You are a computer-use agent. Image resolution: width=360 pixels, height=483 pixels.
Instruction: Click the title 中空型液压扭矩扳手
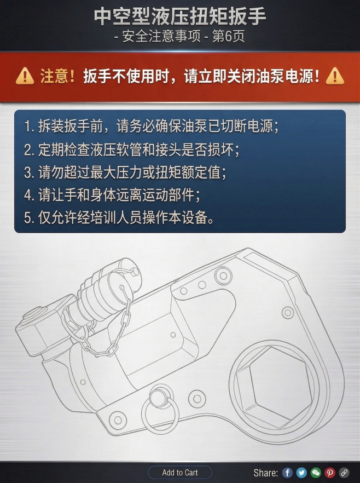[x=180, y=16]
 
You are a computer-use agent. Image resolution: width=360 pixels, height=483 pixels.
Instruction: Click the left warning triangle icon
[x=25, y=76]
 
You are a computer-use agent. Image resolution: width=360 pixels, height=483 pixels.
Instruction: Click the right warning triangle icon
[x=334, y=76]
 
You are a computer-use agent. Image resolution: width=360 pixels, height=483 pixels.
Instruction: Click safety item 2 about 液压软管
[x=132, y=150]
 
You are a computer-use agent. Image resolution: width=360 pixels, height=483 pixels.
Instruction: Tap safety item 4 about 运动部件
[x=112, y=194]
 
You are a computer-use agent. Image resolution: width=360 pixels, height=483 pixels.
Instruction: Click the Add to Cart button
[x=180, y=473]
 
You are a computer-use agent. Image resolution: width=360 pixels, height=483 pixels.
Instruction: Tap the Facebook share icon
[x=287, y=473]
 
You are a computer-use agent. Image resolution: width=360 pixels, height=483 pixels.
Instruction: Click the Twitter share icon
[x=301, y=473]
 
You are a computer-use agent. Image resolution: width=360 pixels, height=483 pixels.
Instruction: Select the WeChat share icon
[x=316, y=473]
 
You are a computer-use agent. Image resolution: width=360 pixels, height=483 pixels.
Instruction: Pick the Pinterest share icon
[x=330, y=473]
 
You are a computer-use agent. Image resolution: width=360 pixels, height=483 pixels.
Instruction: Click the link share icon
[x=344, y=473]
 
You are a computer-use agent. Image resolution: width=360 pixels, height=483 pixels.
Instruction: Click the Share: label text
[x=265, y=473]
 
